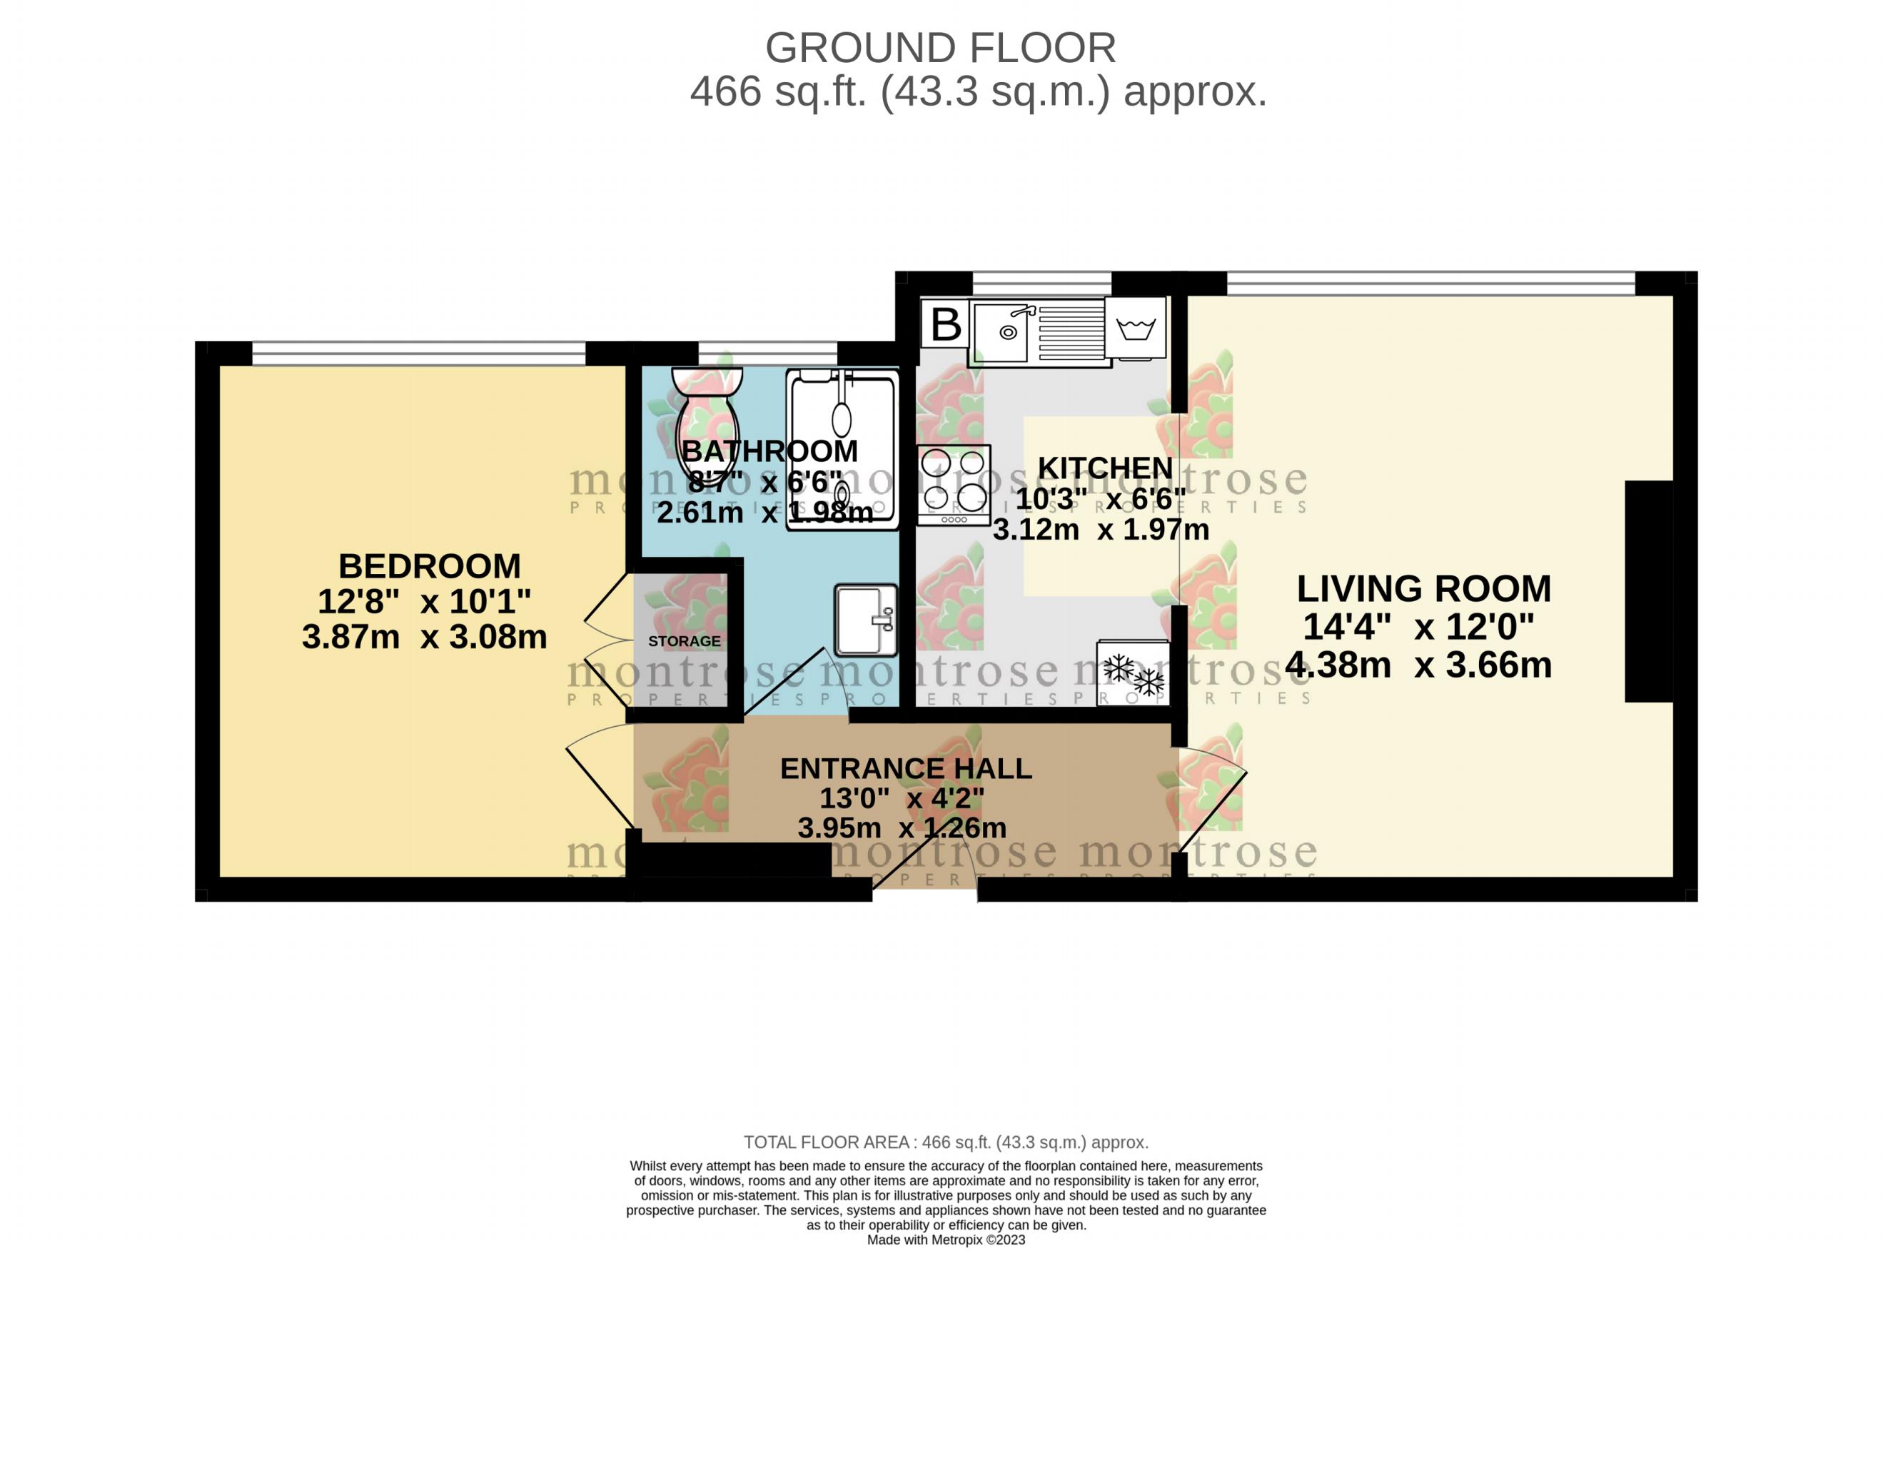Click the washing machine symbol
pyautogui.click(x=1135, y=328)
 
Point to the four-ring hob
pyautogui.click(x=954, y=485)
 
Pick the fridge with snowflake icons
pyautogui.click(x=1132, y=673)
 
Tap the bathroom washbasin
pyautogui.click(x=864, y=619)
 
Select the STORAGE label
pyautogui.click(x=684, y=641)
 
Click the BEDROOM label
pyautogui.click(x=429, y=566)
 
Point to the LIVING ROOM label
pyautogui.click(x=1423, y=589)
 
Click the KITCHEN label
pyautogui.click(x=1104, y=468)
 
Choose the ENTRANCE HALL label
pyautogui.click(x=906, y=768)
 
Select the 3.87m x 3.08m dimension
pyautogui.click(x=424, y=637)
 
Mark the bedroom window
pyautogui.click(x=418, y=353)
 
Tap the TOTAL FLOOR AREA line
pyautogui.click(x=946, y=1142)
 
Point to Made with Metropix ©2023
pyautogui.click(x=946, y=1240)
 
